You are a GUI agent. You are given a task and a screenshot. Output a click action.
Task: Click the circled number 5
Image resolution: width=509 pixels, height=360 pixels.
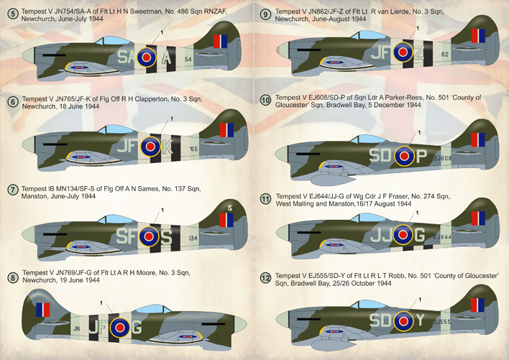pos(13,14)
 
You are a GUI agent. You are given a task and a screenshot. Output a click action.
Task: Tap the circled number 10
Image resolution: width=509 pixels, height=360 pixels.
pos(265,101)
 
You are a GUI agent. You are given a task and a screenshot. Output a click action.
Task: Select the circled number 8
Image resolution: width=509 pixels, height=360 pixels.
pos(13,278)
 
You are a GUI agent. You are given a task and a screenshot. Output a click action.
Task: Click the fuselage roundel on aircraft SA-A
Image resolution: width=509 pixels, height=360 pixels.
pos(147,57)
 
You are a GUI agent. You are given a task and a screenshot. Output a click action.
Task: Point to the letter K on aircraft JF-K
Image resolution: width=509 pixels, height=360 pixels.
pos(167,147)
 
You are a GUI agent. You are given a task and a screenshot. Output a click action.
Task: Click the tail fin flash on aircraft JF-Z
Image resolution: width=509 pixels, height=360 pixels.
pos(478,36)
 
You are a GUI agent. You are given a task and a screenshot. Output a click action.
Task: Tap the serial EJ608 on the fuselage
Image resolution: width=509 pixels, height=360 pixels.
pos(443,158)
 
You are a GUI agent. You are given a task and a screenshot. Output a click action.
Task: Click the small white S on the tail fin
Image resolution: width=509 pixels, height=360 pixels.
pos(230,208)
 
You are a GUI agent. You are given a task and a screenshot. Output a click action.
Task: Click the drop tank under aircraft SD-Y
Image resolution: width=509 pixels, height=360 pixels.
pos(331,344)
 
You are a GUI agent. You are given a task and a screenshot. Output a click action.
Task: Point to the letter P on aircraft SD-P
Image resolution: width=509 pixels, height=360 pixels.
pos(421,156)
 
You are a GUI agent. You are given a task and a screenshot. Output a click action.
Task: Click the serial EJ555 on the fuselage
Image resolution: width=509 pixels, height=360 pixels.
pos(442,322)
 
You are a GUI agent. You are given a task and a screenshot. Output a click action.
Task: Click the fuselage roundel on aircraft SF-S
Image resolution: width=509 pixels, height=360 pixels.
pos(149,236)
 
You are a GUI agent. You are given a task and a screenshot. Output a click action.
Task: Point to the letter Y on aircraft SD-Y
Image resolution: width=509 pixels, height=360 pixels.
pos(420,320)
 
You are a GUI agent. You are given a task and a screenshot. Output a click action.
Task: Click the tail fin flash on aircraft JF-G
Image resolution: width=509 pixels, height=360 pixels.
pos(43,310)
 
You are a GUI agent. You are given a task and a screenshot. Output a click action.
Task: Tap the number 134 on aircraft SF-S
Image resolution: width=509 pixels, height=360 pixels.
pos(193,238)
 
